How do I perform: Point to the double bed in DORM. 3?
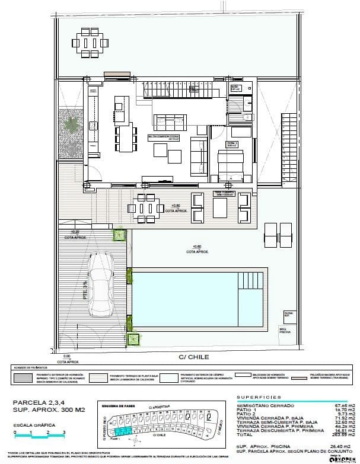230,167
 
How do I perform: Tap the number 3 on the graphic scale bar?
64,433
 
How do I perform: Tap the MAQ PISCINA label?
285,331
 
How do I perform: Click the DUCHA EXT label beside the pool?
289,314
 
